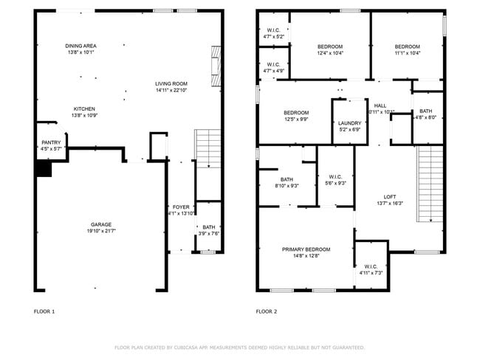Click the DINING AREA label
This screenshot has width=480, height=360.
point(80,46)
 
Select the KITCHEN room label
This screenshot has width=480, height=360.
point(85,108)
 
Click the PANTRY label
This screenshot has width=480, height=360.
point(51,142)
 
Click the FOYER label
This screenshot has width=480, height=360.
point(181,207)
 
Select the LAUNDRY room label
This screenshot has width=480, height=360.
point(349,123)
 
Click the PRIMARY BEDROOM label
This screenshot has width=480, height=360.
point(306,249)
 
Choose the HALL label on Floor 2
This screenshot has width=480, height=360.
point(380,105)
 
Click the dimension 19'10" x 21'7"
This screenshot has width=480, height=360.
point(101,232)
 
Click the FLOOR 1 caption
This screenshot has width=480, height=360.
point(44,311)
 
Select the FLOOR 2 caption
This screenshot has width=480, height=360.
point(266,311)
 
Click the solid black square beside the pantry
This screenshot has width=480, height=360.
point(44,170)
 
